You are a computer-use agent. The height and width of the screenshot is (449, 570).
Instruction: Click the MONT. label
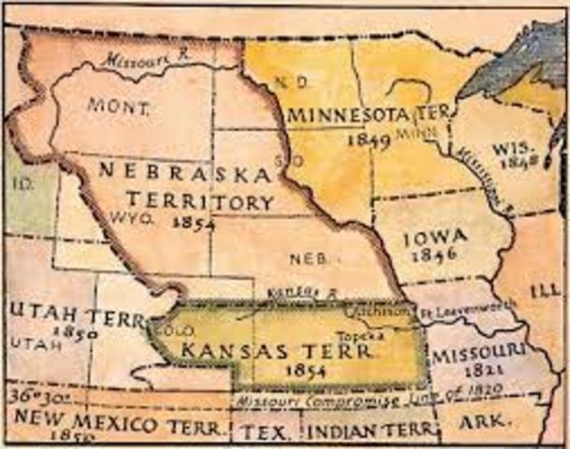tap(118, 106)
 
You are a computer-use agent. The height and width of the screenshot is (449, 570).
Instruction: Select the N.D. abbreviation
tap(288, 81)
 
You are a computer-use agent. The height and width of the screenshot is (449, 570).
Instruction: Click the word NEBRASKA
tap(184, 174)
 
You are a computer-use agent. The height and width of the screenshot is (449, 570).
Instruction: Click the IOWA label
tap(435, 239)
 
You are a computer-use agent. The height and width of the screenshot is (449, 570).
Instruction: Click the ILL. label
tap(545, 291)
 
